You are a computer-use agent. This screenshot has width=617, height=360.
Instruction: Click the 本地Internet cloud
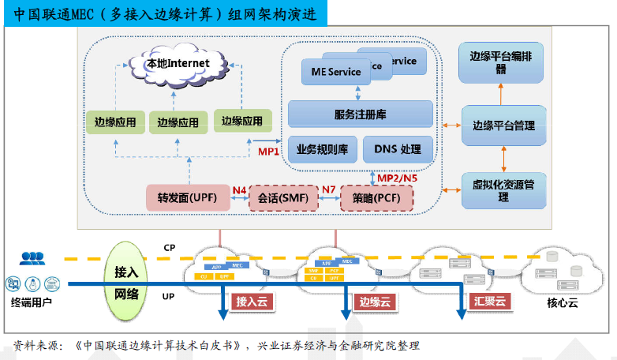pos(178,63)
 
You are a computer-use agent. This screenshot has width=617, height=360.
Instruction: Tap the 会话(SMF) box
pos(282,197)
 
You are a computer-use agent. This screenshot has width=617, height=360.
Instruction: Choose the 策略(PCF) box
pos(376,197)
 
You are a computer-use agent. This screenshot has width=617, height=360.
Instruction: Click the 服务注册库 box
pos(360,114)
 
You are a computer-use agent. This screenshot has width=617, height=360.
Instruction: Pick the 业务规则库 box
pos(322,148)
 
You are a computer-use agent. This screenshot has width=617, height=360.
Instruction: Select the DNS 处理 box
pos(398,148)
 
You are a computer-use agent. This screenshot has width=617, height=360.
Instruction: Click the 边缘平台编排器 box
pos(501,62)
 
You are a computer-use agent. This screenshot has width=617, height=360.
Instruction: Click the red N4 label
pos(239,190)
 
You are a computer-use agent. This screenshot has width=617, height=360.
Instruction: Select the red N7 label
pos(328,190)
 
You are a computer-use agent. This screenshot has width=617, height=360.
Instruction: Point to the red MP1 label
pos(269,152)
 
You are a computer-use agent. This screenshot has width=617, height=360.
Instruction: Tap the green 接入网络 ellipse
pos(126,283)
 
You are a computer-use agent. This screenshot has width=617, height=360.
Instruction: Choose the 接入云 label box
pos(252,301)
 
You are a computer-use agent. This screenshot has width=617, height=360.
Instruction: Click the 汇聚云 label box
pos(490,301)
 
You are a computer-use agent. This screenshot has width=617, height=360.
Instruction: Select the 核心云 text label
pos(563,302)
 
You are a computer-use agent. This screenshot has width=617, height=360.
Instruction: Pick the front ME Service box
pos(331,72)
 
